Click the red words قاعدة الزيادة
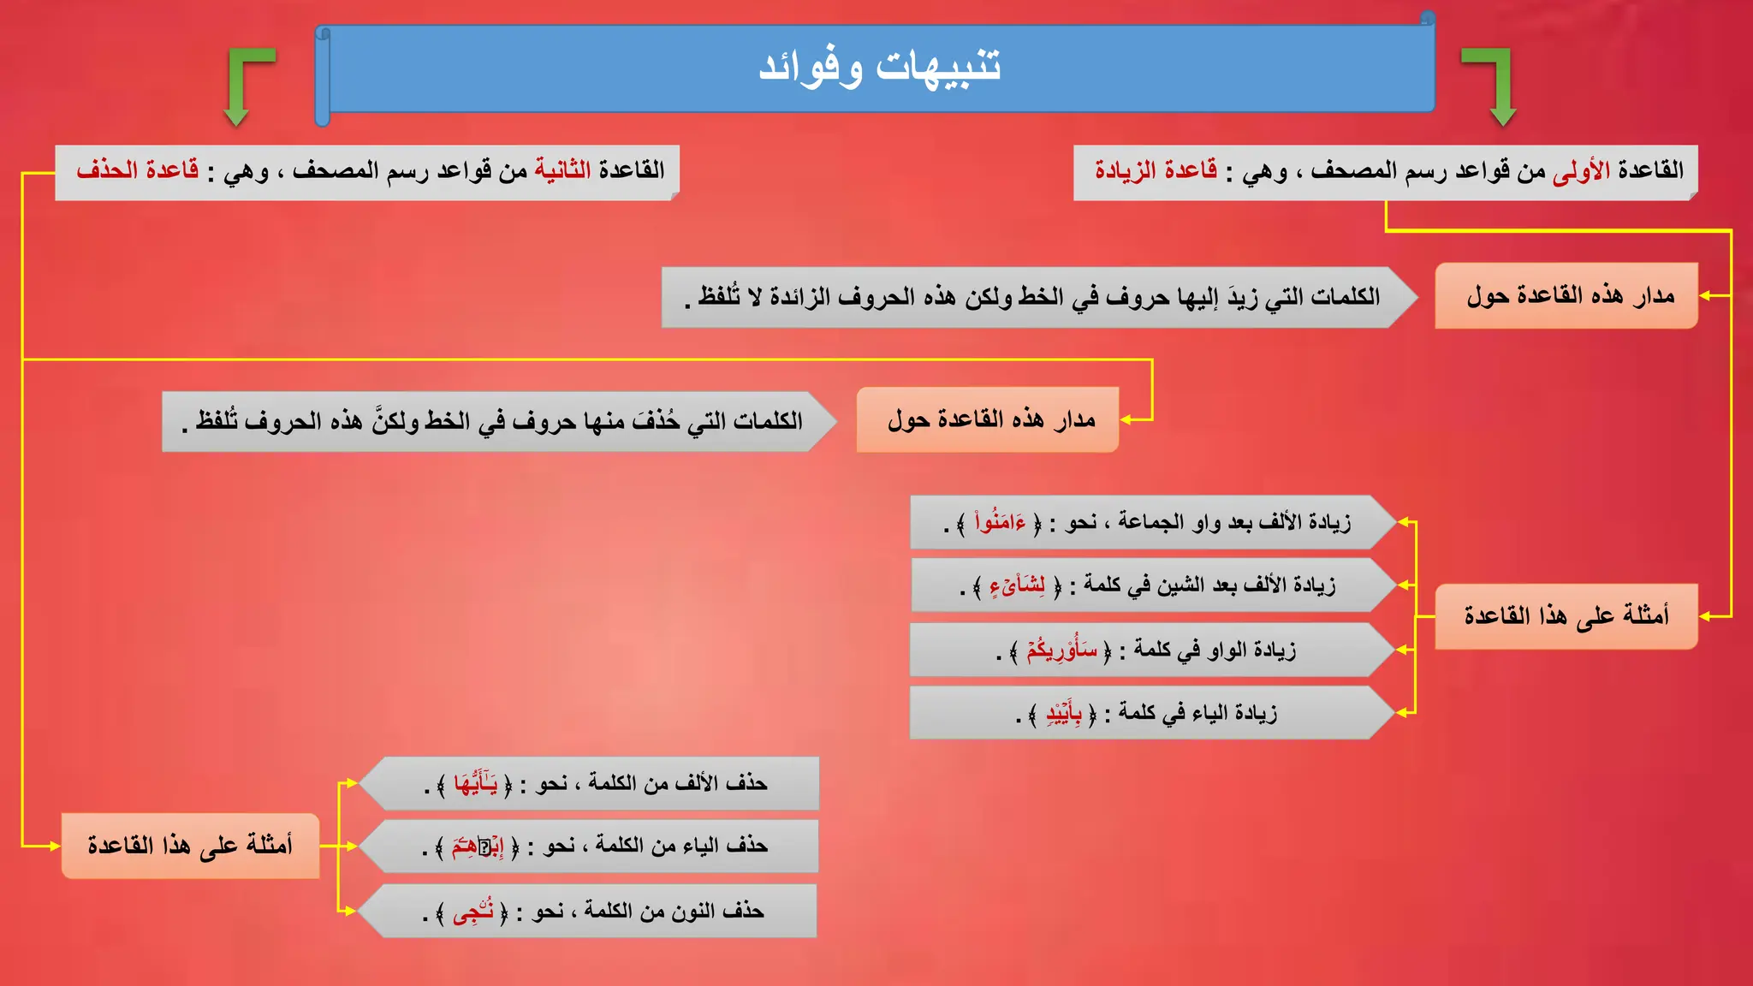(x=1156, y=170)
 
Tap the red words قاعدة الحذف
(x=138, y=170)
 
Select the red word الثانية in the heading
(x=562, y=170)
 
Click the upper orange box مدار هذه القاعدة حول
(x=1566, y=296)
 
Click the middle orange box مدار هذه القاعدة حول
(x=988, y=420)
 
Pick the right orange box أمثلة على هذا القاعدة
(x=1566, y=616)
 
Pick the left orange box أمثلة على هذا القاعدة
(x=190, y=846)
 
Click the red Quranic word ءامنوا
(x=1000, y=521)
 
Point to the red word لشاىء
(x=1017, y=585)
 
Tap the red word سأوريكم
(x=1061, y=650)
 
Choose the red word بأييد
(x=1064, y=713)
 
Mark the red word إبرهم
(x=477, y=846)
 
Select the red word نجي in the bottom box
(x=472, y=912)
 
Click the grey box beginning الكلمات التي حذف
(x=496, y=421)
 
